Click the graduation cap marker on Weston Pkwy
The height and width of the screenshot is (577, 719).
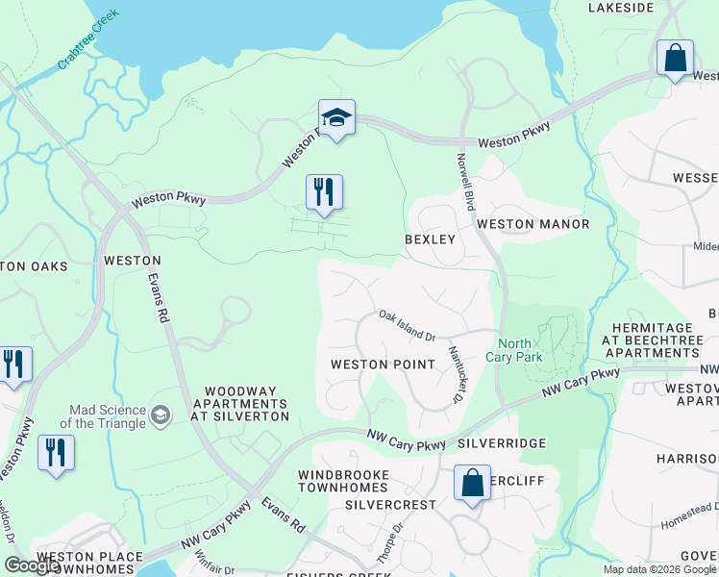click(336, 118)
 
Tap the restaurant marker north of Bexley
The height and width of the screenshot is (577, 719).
click(324, 192)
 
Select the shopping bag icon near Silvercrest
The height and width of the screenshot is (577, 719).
click(473, 484)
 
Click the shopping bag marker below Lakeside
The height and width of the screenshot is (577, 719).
click(676, 57)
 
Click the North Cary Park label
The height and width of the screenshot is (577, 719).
click(520, 351)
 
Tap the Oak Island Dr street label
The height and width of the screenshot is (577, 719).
click(408, 325)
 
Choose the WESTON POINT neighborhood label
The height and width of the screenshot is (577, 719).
click(371, 364)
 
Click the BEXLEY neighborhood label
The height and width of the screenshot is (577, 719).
click(429, 238)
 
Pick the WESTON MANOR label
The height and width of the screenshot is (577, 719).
click(533, 224)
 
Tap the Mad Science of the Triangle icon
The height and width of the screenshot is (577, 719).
click(161, 415)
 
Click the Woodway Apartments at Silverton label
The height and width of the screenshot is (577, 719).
click(241, 404)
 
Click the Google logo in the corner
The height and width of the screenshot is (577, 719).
click(33, 565)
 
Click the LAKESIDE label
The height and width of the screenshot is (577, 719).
click(621, 8)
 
